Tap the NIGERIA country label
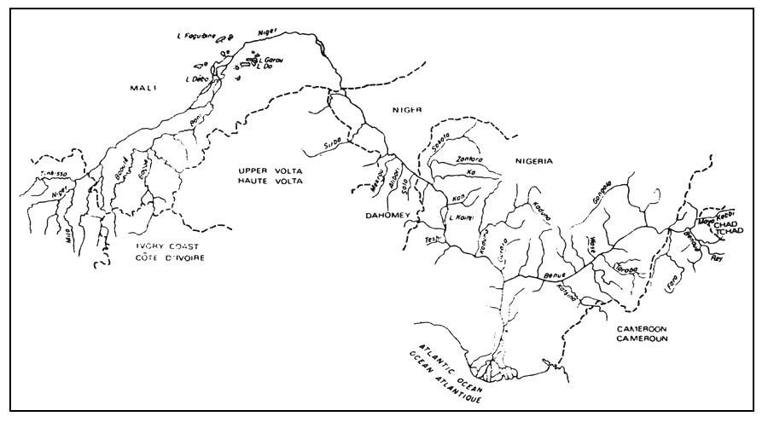click(533, 161)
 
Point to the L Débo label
click(197, 79)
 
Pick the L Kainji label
click(462, 219)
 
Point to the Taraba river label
click(627, 269)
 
